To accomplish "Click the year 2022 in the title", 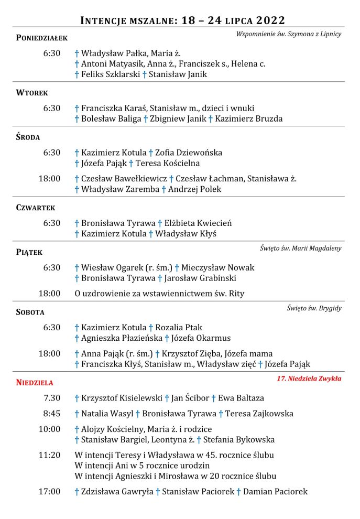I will point(268,20).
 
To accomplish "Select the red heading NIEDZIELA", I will point(35,382).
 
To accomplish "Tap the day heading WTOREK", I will point(32,93).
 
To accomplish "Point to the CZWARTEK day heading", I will point(36,208).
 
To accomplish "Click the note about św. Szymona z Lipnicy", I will point(289,34).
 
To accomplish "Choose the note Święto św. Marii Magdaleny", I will point(300,248).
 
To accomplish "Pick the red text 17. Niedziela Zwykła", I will point(309,378).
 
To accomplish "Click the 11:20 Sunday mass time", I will point(49,455).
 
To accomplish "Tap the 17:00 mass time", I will point(49,492).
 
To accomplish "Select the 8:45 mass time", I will point(51,414).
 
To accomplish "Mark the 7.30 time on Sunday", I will point(51,398).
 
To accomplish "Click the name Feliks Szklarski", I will point(111,74).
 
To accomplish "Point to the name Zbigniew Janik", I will point(178,118).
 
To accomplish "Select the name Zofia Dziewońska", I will point(189,153).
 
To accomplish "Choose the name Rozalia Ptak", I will point(179,328).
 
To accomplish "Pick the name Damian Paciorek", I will point(275,492).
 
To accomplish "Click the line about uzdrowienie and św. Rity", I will point(159,294).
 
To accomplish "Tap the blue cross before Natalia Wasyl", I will point(77,414).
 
